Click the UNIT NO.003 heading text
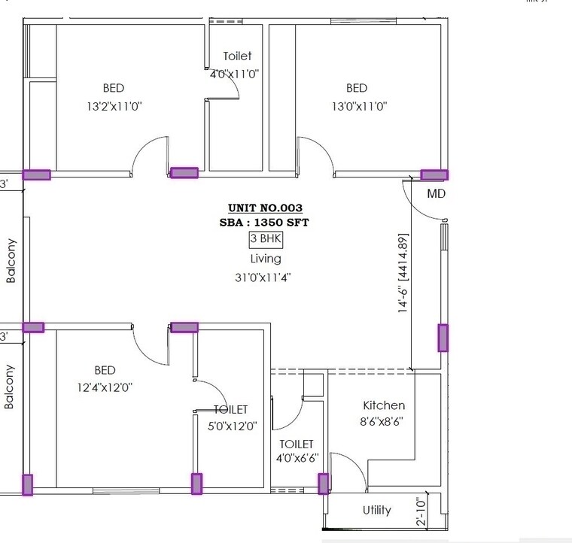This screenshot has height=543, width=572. tap(265, 208)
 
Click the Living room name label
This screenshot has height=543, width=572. tap(265, 259)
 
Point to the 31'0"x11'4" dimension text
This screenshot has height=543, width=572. tap(263, 277)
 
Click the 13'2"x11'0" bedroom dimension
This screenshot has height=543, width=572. tap(114, 107)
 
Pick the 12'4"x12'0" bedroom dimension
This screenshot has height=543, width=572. tap(105, 388)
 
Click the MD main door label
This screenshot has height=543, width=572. tap(437, 194)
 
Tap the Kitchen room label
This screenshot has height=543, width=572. tap(384, 405)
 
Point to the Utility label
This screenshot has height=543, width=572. tap(376, 510)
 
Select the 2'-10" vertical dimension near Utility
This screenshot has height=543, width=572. tap(420, 511)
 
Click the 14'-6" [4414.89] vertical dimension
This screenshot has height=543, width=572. tap(403, 275)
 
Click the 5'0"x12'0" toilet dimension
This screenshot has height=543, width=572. tap(232, 426)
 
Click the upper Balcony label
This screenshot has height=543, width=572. tap(11, 260)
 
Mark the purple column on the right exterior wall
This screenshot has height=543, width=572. tap(443, 338)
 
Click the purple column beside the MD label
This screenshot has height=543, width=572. tap(434, 175)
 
